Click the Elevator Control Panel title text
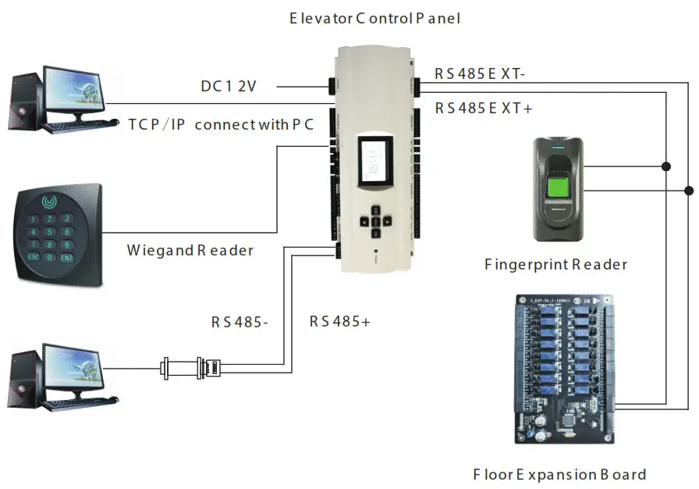[374, 17]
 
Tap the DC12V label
[229, 87]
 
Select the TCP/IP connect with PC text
[221, 124]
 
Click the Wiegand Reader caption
[190, 251]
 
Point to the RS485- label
[240, 321]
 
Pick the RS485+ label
[339, 321]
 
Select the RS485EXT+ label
[484, 109]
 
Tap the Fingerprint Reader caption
[555, 265]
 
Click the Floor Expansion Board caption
[559, 474]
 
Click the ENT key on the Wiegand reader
[68, 257]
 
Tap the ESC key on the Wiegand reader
[34, 255]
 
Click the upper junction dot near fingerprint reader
[665, 166]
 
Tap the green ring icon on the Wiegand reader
[51, 202]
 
